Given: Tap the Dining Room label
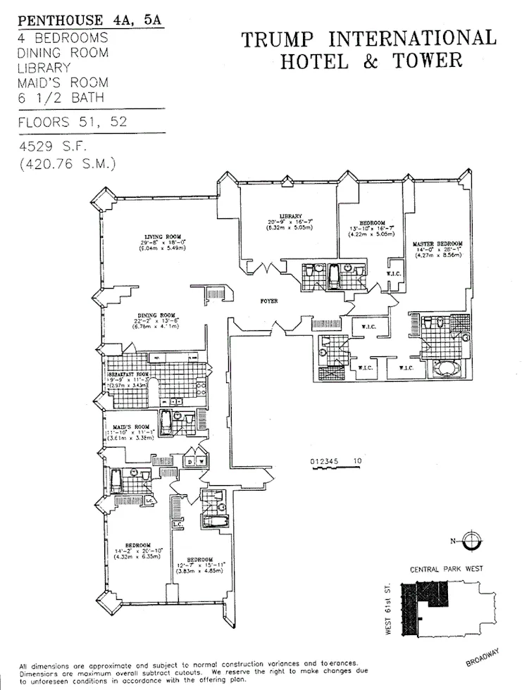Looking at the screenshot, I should [x=156, y=315].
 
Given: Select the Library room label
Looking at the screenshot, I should [x=290, y=216].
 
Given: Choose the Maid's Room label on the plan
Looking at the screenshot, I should [x=128, y=427].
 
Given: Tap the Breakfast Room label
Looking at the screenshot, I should [x=128, y=375].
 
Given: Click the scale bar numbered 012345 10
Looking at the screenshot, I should [x=336, y=461].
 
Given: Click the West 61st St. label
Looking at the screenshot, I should [x=388, y=610].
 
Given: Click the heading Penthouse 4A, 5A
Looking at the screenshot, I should [x=89, y=20].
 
